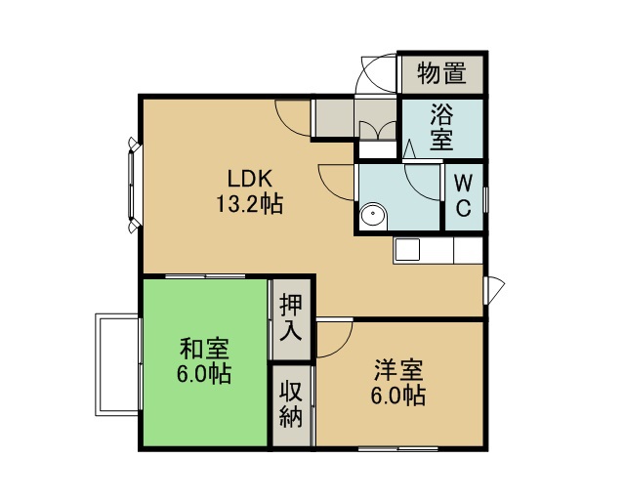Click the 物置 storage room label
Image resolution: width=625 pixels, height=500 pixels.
click(x=441, y=74)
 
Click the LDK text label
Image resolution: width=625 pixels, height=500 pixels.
click(x=250, y=179)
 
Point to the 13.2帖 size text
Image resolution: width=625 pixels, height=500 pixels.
click(x=250, y=204)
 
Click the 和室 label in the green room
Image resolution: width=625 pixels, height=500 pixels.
click(x=204, y=349)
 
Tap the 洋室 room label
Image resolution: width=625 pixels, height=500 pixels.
click(x=398, y=370)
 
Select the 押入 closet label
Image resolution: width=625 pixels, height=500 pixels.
click(x=291, y=317)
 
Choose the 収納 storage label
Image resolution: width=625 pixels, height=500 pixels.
click(x=291, y=404)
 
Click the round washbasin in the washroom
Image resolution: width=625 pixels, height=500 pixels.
click(x=373, y=217)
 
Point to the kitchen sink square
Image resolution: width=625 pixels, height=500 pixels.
click(x=407, y=250)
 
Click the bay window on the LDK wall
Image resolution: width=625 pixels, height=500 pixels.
click(x=134, y=185)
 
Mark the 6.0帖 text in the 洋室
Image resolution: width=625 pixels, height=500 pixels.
click(x=398, y=396)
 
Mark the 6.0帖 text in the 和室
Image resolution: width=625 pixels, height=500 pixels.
click(x=204, y=374)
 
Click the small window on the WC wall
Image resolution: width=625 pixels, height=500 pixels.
click(x=485, y=199)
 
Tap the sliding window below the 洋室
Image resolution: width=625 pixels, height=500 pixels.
click(x=397, y=448)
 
